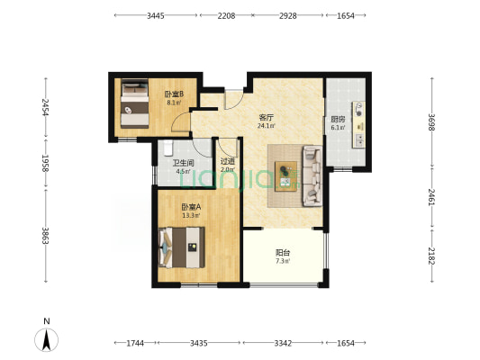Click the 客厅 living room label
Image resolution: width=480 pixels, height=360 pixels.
(x=266, y=118)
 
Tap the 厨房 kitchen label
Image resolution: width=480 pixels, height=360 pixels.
(x=338, y=120)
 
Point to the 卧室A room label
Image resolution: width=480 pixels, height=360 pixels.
(x=191, y=207)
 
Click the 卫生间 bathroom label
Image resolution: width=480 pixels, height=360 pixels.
(x=184, y=163)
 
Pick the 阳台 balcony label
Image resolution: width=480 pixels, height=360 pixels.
(x=283, y=253)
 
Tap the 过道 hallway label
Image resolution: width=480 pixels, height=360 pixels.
(x=228, y=161)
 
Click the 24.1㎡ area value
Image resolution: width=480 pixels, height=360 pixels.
(x=266, y=126)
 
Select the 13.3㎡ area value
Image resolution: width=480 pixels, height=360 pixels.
(x=191, y=216)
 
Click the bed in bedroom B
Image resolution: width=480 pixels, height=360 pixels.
(x=135, y=103)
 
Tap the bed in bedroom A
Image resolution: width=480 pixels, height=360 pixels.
(x=182, y=247)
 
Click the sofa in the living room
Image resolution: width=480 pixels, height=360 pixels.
(x=312, y=175)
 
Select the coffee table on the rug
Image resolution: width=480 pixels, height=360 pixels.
(x=285, y=176)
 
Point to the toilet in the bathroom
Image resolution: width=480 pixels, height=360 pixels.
(x=168, y=148)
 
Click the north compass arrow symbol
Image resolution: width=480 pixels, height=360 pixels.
(x=47, y=339)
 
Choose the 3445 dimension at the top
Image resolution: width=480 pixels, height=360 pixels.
(x=156, y=15)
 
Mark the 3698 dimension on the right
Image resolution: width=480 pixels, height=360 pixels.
(x=431, y=122)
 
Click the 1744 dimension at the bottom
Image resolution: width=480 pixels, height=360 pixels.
(x=135, y=343)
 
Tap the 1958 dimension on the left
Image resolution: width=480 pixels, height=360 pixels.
(x=46, y=163)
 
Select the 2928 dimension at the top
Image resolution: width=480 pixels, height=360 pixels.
(x=288, y=15)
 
